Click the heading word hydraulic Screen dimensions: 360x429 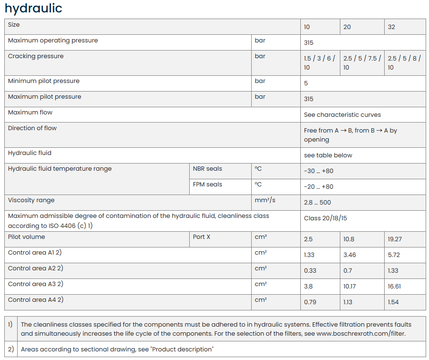pyautogui.click(x=33, y=8)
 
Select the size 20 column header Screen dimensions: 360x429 pyautogui.click(x=347, y=27)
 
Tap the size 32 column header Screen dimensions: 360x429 pyautogui.click(x=391, y=27)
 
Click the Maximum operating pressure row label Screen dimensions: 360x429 pyautogui.click(x=53, y=41)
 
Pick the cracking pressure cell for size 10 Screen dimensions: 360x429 pyautogui.click(x=319, y=63)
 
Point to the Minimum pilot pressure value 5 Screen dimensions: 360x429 pyautogui.click(x=306, y=83)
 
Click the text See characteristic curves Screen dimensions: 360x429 pyautogui.click(x=342, y=115)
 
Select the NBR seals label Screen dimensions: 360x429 pyautogui.click(x=207, y=169)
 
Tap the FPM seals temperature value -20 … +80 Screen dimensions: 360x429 pyautogui.click(x=318, y=187)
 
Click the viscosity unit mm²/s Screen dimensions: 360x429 pyautogui.click(x=265, y=200)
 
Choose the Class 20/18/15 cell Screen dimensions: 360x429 pyautogui.click(x=326, y=218)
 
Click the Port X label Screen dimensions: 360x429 pyautogui.click(x=202, y=237)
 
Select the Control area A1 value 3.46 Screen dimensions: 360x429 pyautogui.click(x=349, y=255)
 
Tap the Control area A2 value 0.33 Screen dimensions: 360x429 pyautogui.click(x=310, y=271)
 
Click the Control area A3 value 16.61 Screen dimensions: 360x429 pyautogui.click(x=396, y=287)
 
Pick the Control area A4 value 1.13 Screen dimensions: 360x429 pyautogui.click(x=348, y=302)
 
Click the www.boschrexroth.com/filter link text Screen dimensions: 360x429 pyautogui.click(x=361, y=334)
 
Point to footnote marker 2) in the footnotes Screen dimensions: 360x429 pyautogui.click(x=10, y=350)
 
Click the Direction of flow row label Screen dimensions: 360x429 pyautogui.click(x=32, y=128)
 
